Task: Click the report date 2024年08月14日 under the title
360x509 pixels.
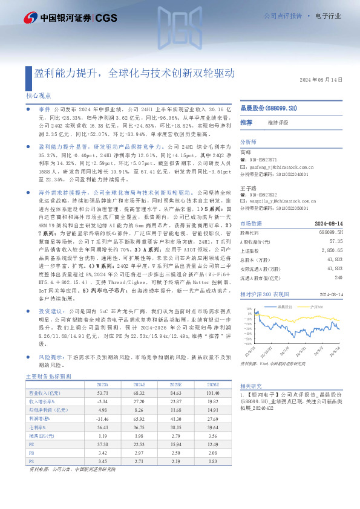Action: pos(321,80)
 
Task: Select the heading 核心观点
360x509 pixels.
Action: pos(39,96)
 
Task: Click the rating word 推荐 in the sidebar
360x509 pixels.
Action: pos(246,123)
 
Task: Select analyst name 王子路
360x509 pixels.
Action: pos(248,188)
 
